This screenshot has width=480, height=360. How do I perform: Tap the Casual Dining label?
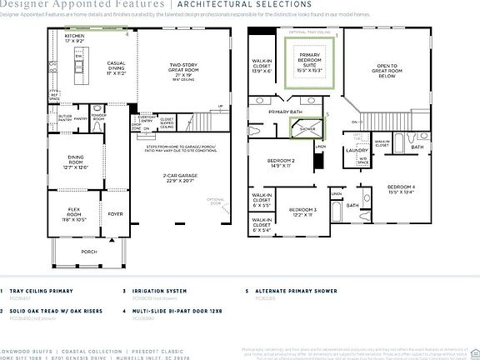tap(116, 69)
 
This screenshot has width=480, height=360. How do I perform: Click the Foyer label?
tap(115, 212)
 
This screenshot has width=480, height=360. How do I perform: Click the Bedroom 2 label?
tap(281, 163)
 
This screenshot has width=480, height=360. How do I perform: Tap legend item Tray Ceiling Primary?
tap(39, 291)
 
